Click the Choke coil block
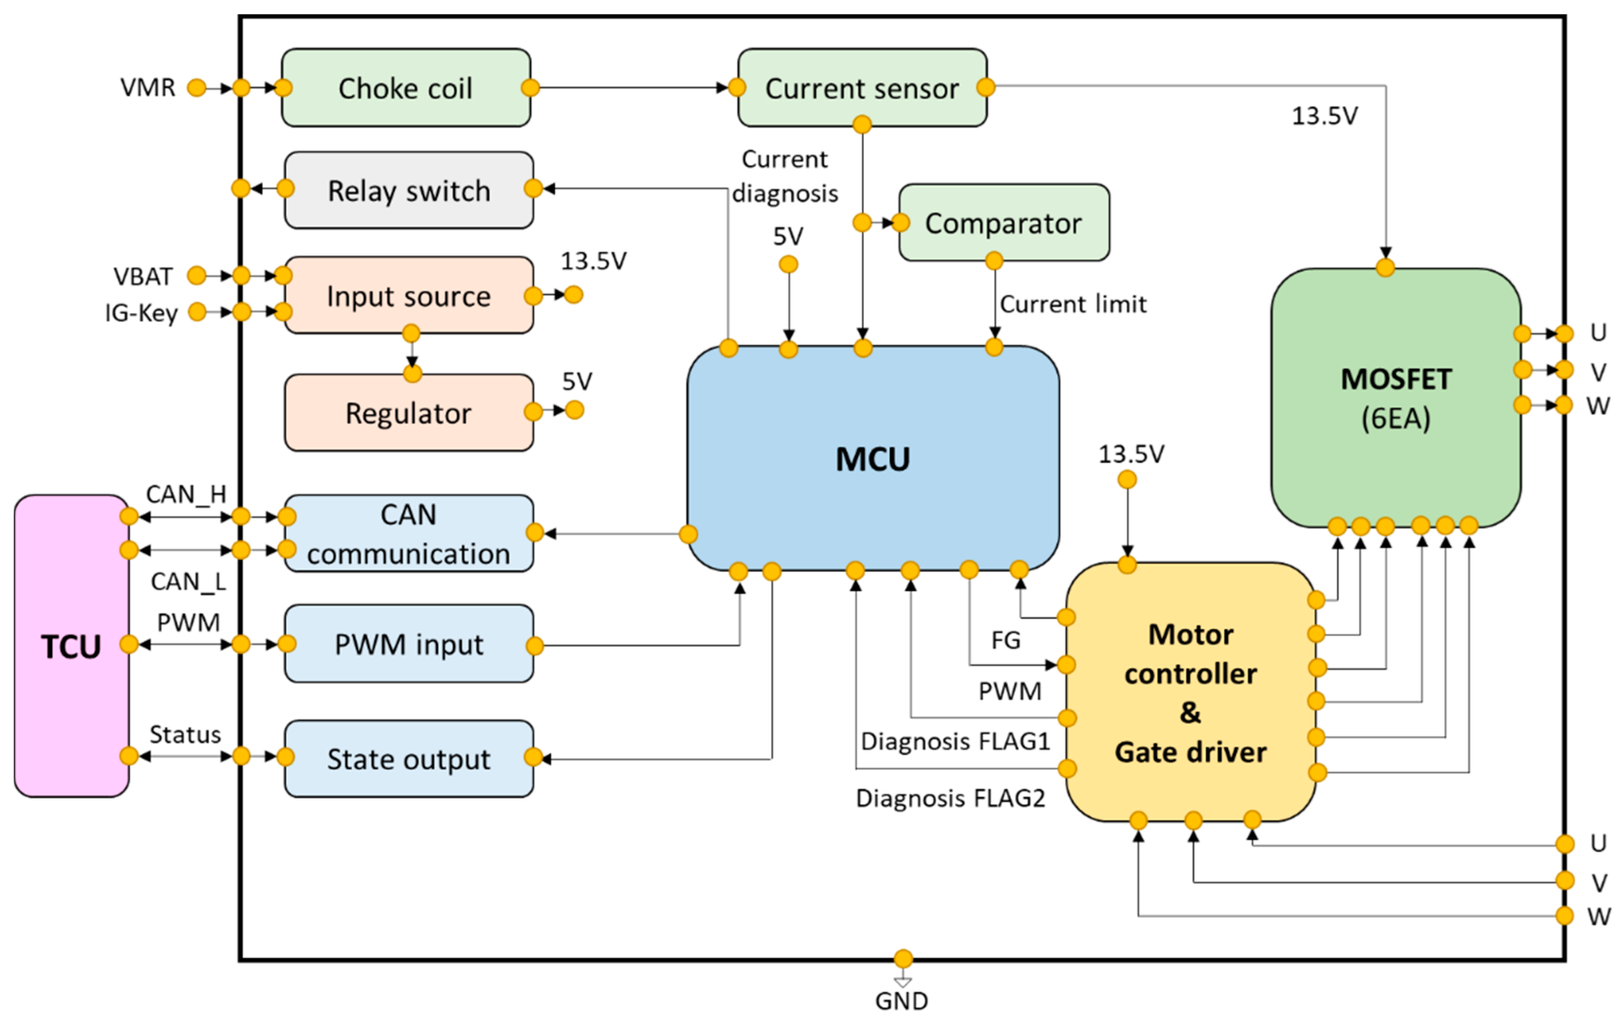[x=405, y=87]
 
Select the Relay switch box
[x=409, y=190]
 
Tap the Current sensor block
[x=862, y=87]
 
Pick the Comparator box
[x=1003, y=222]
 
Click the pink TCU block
[x=71, y=646]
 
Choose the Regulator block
[x=408, y=413]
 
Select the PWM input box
[x=409, y=644]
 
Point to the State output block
[x=409, y=759]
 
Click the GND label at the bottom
[x=902, y=1000]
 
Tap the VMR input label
[x=148, y=87]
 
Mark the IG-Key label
[x=141, y=312]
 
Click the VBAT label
[x=143, y=276]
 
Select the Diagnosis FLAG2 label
[x=950, y=798]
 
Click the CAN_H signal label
[x=186, y=494]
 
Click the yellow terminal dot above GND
[x=903, y=958]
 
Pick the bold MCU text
[x=872, y=459]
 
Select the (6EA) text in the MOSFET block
[x=1396, y=418]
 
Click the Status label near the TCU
[x=185, y=735]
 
